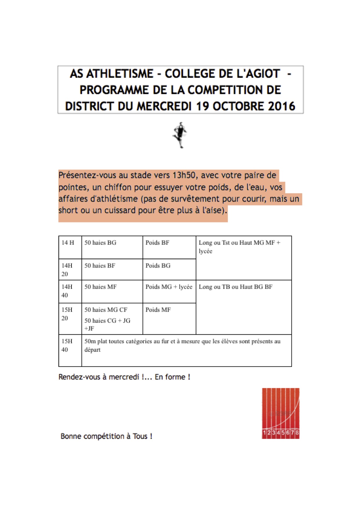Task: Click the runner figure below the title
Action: [x=180, y=135]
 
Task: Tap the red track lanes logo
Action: [x=280, y=413]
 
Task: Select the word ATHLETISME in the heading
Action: [x=120, y=74]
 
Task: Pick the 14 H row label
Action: [x=68, y=243]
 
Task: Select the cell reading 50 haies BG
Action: [x=100, y=243]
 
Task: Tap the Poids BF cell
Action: [x=157, y=243]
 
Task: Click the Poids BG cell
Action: [x=158, y=266]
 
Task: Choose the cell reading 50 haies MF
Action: [x=100, y=287]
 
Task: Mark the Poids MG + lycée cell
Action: [x=169, y=287]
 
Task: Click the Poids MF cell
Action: [x=158, y=310]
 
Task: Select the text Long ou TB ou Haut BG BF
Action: [x=235, y=287]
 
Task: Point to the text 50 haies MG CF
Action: [x=106, y=310]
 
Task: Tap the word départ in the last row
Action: [x=92, y=350]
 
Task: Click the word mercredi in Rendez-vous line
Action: [x=124, y=377]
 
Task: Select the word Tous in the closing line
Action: [x=140, y=436]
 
